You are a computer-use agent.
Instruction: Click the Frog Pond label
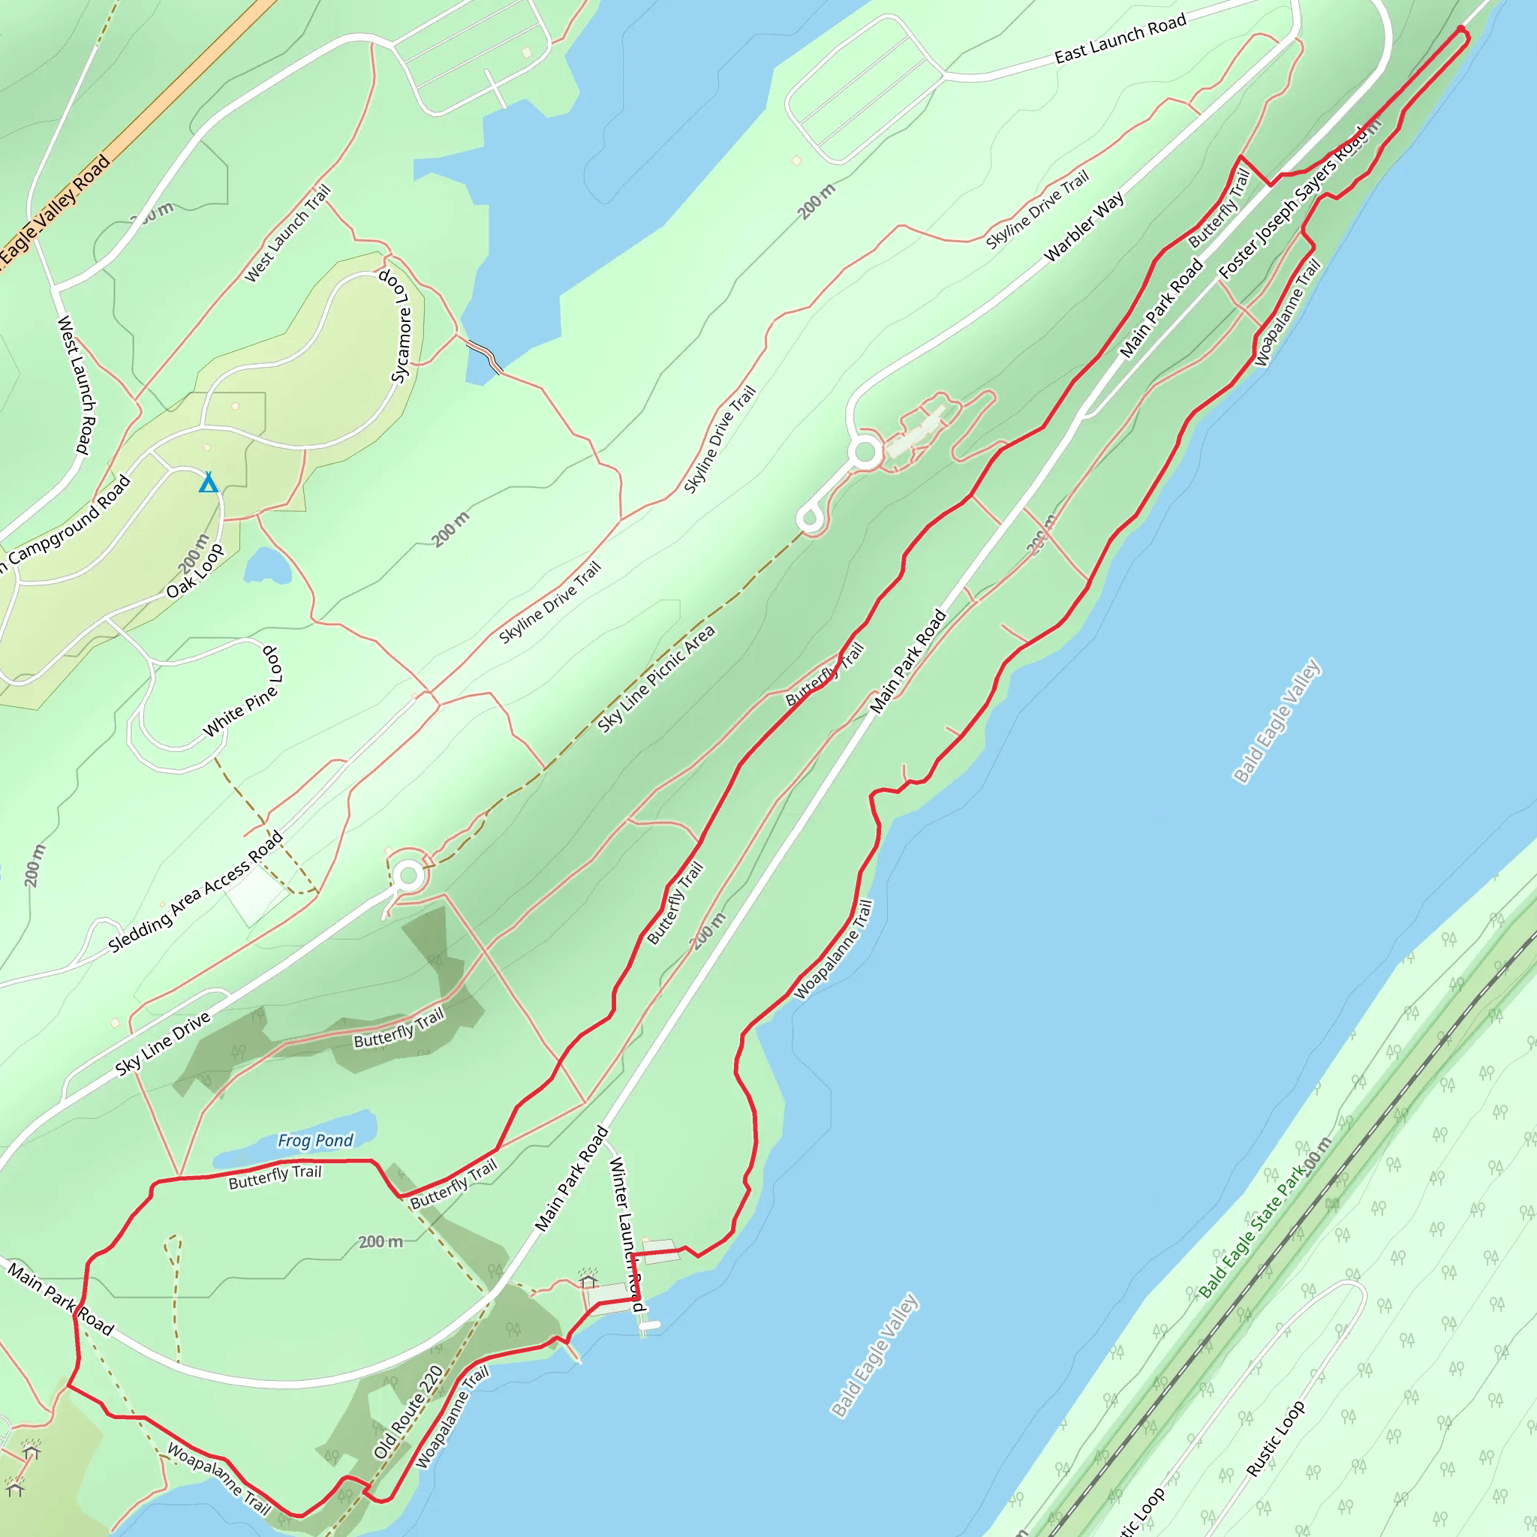315,1141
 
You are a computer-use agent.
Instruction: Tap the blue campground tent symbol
209,483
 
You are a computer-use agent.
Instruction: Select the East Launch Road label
1120,39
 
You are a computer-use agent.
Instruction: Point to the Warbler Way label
1084,227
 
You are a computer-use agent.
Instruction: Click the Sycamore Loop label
396,326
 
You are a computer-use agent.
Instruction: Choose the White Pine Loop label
242,691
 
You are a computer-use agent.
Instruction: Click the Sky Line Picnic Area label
657,678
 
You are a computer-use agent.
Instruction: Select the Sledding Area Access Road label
196,892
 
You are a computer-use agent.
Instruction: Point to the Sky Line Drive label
162,1044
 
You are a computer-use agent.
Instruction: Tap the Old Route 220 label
408,1412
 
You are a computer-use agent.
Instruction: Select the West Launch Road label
77,385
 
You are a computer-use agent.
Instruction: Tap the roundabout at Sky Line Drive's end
409,876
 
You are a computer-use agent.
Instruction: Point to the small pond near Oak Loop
267,566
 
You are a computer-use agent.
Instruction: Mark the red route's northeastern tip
1460,30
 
